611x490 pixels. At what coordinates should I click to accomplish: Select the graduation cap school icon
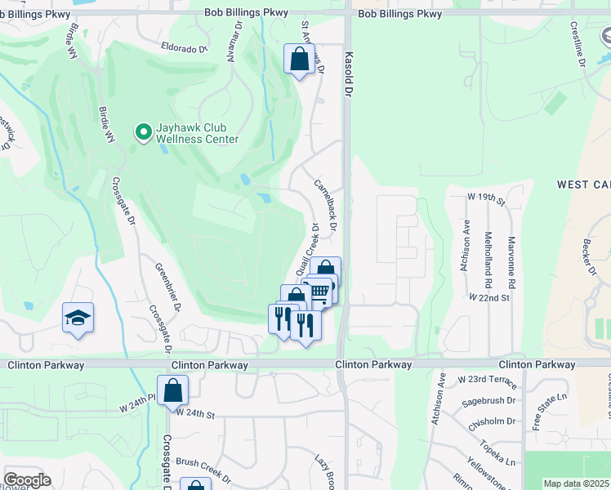[78, 318]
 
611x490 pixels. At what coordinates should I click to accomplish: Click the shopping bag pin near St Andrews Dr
[300, 59]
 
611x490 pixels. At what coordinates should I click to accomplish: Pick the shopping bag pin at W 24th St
[173, 391]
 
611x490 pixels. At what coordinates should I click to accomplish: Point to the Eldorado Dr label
[185, 48]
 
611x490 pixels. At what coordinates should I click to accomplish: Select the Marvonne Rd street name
[511, 248]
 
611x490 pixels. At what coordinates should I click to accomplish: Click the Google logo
[27, 480]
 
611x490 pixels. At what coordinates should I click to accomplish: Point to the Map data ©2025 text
[576, 483]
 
